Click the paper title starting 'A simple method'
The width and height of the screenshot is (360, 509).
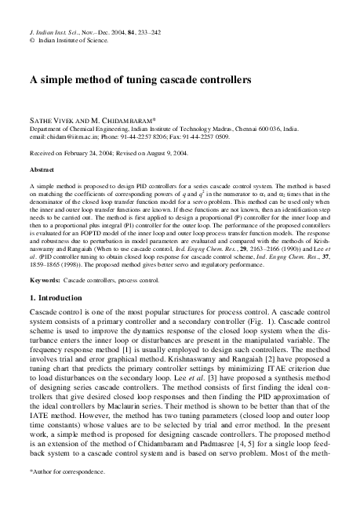coord(140,80)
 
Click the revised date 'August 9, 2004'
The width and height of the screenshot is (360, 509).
coord(187,151)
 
